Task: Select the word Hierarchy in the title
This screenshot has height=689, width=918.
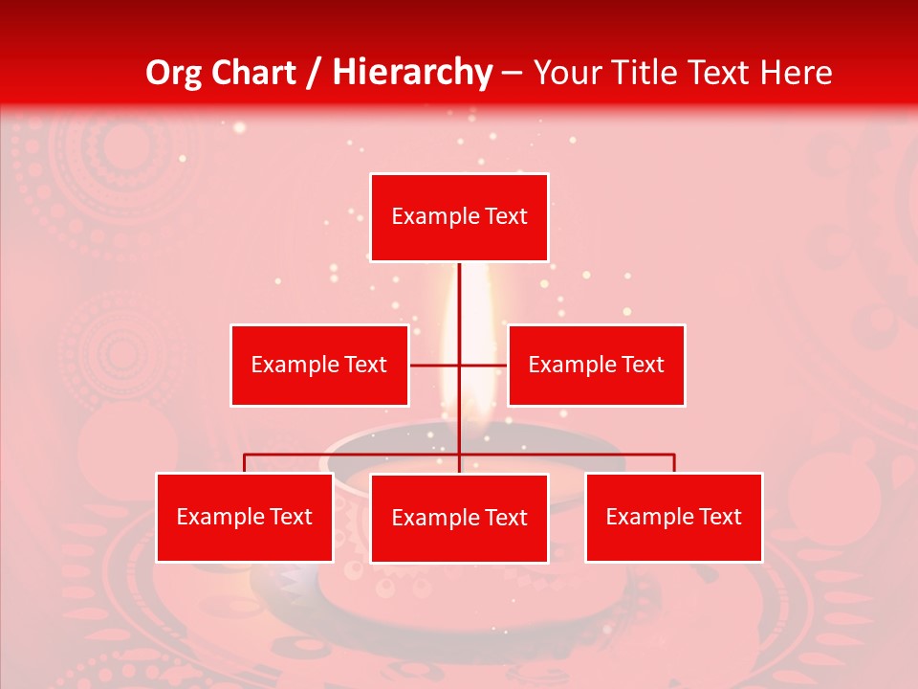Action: (412, 73)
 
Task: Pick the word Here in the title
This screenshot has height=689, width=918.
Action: (796, 73)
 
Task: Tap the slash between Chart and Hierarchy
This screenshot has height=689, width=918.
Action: (313, 73)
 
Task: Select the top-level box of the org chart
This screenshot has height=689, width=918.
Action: (459, 217)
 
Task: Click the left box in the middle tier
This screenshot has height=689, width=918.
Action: (319, 365)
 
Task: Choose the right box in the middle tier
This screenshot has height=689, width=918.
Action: (597, 365)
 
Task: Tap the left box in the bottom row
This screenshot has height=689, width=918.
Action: (245, 517)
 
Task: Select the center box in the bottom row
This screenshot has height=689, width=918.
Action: (459, 518)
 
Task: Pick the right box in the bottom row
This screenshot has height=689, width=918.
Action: (674, 517)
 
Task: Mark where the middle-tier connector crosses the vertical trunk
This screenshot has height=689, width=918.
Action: (459, 365)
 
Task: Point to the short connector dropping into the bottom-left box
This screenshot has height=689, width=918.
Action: (245, 463)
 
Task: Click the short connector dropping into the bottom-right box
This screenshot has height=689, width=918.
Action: (674, 463)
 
